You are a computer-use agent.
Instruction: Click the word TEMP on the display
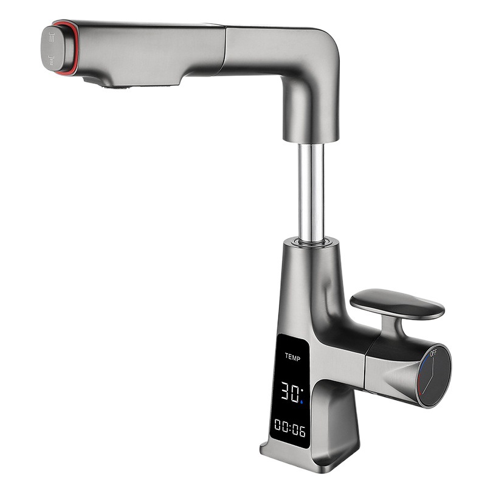pos(292,358)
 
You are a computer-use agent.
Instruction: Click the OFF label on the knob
pos(433,353)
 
